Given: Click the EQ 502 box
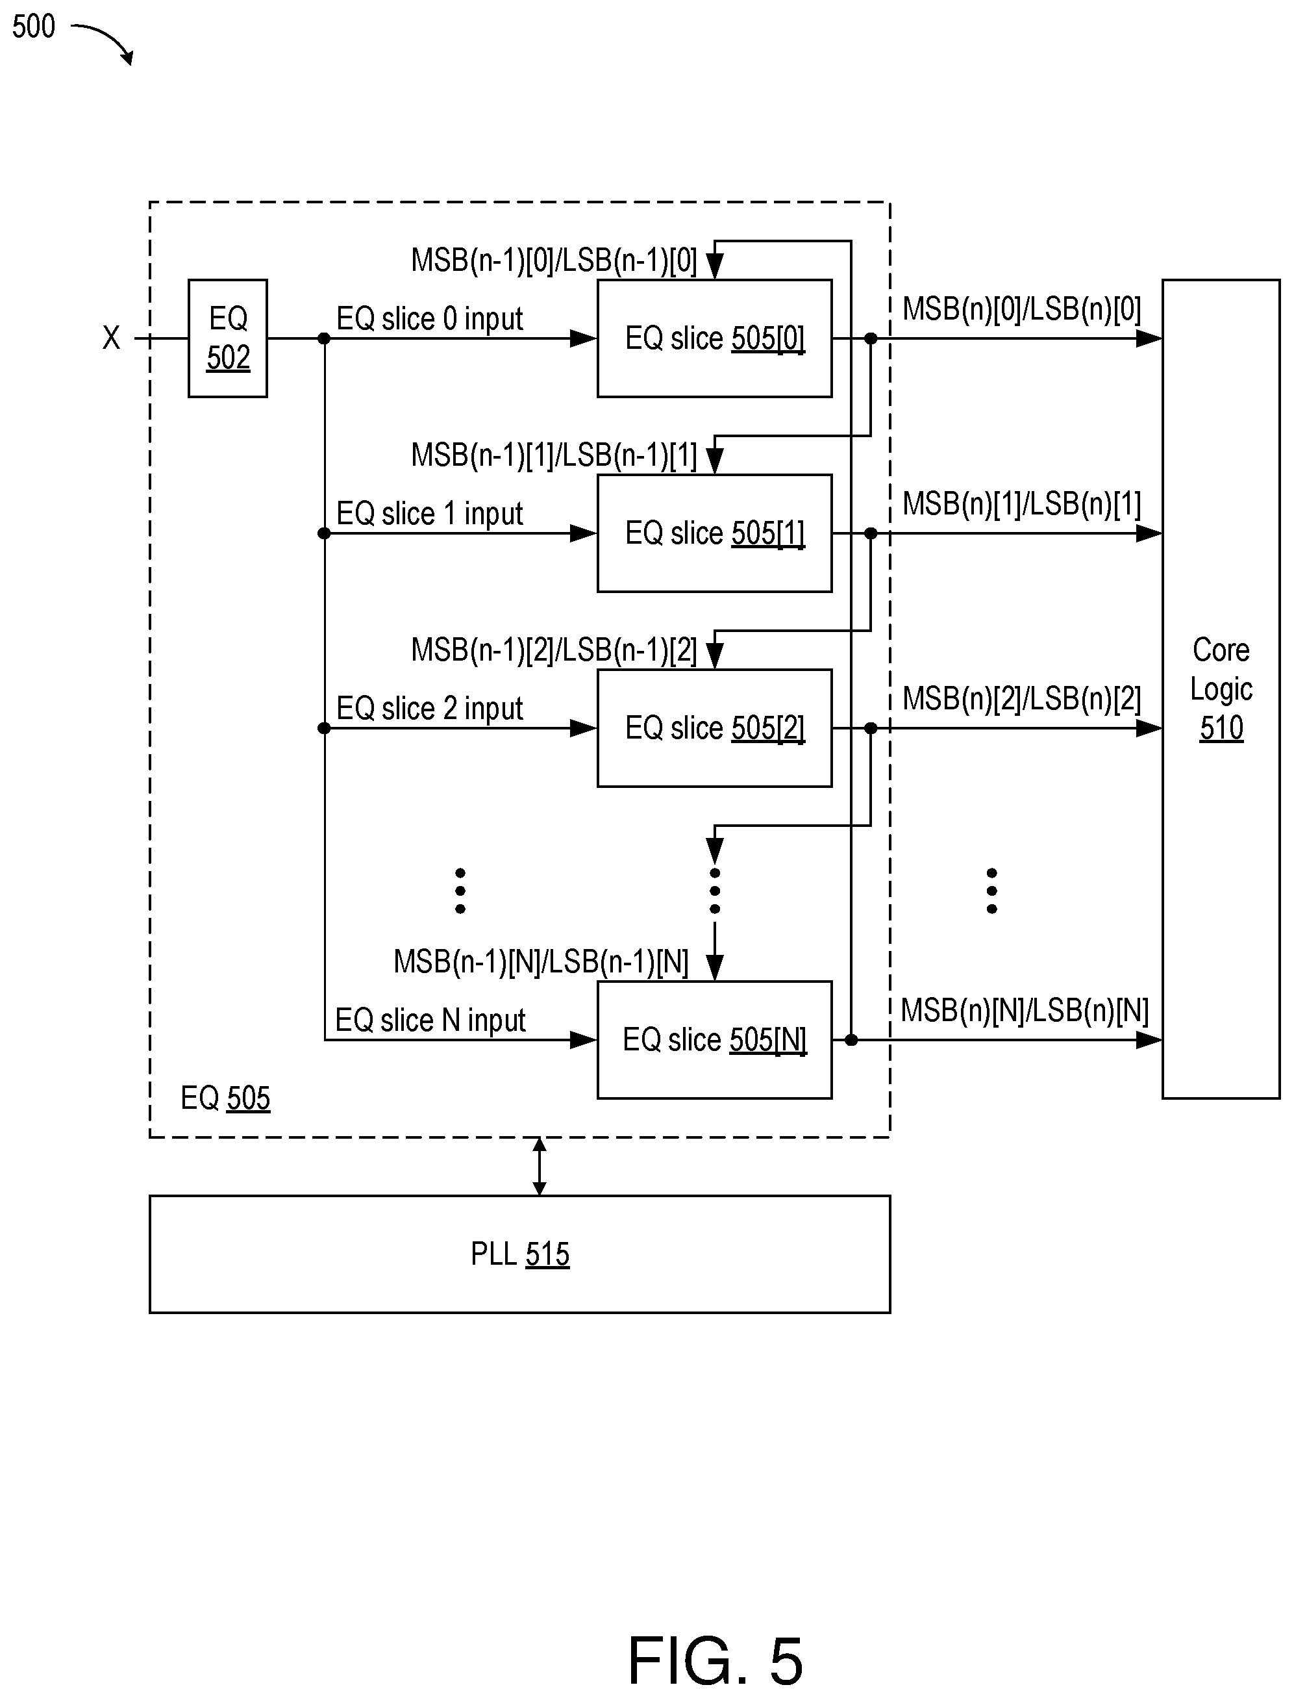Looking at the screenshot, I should (227, 338).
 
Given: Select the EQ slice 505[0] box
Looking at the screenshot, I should (714, 338).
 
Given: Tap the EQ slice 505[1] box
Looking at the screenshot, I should (714, 533).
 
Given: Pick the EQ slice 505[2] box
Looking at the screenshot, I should (714, 728).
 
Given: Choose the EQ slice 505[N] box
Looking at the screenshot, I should (714, 1039).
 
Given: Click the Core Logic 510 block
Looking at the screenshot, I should (1221, 689).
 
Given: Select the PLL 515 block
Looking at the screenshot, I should (520, 1254).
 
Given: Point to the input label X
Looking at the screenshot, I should (111, 338).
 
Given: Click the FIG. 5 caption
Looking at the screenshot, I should (715, 1661).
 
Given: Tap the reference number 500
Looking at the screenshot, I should (33, 27).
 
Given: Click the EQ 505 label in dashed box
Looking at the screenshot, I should (225, 1098).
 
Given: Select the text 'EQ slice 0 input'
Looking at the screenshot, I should (429, 318).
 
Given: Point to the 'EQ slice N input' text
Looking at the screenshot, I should (430, 1020).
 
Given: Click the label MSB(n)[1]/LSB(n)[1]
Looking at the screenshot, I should (1021, 504).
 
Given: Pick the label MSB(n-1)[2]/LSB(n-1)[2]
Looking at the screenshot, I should (554, 650).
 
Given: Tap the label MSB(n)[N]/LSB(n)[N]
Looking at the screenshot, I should (1025, 1010).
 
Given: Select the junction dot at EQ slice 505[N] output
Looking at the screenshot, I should (851, 1040).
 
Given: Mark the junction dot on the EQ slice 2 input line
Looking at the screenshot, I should (324, 728).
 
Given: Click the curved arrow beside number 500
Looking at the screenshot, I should (106, 40).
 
